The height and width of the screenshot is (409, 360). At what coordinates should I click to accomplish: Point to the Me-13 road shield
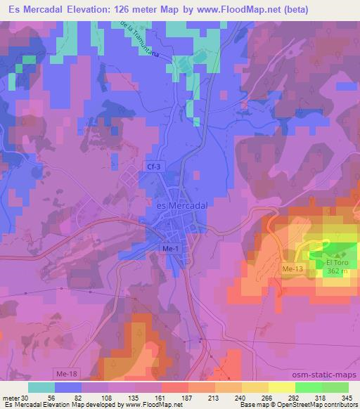pyautogui.click(x=292, y=269)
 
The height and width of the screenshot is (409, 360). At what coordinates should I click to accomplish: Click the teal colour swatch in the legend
pyautogui.click(x=41, y=387)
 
